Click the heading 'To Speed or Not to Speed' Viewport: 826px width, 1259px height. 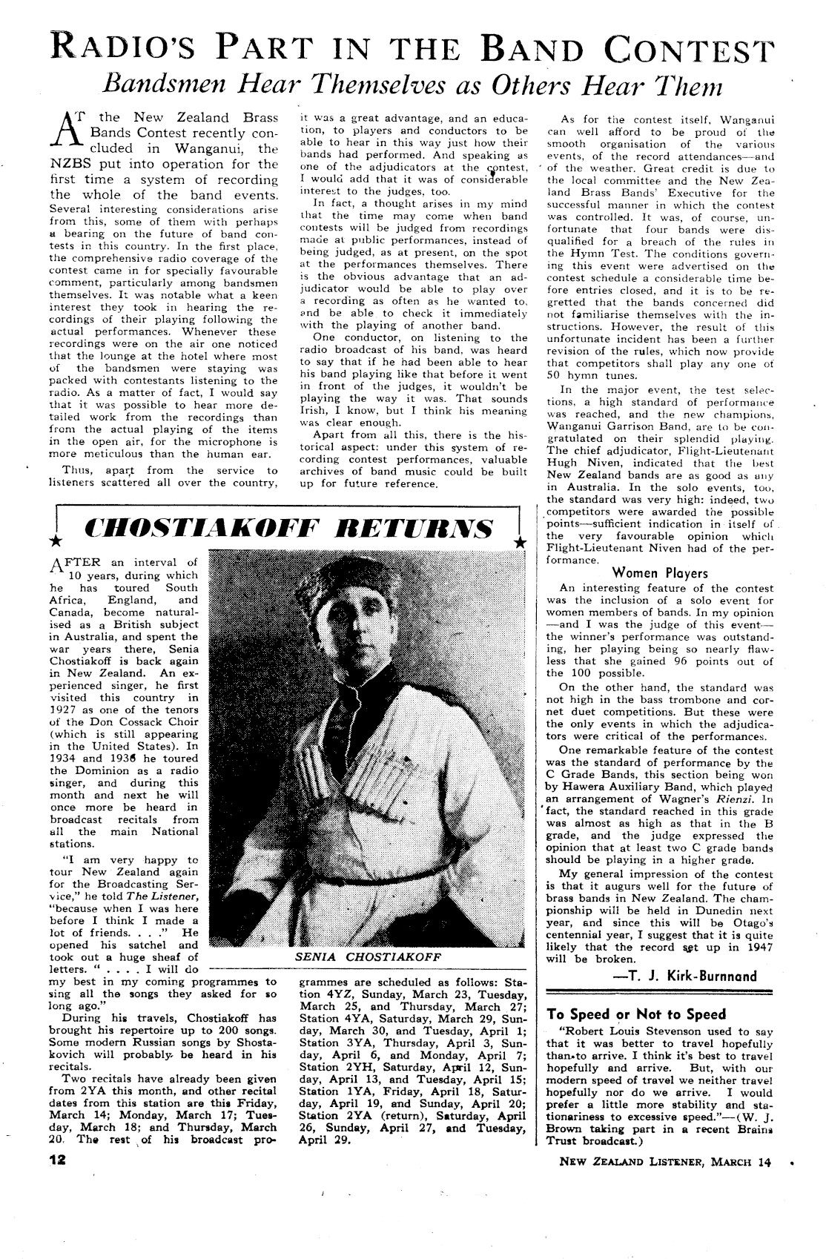635,1014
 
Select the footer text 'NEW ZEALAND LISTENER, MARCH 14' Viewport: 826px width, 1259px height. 665,1162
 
